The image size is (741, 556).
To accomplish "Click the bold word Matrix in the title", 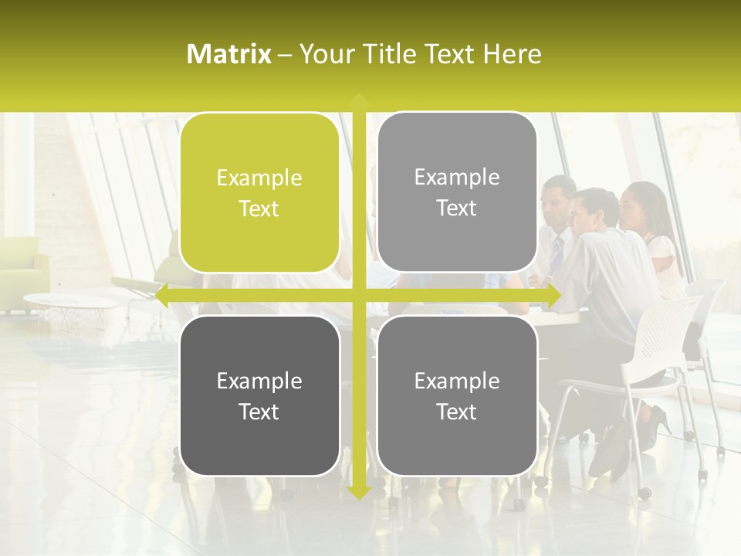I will click(x=229, y=54).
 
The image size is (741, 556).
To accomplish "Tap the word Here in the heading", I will click(x=513, y=54).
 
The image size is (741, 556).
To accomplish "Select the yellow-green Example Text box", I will click(x=259, y=193).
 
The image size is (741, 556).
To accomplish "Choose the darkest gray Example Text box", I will click(x=259, y=395).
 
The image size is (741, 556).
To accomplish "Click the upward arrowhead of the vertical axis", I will click(x=359, y=101).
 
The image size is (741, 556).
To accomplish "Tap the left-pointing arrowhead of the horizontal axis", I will click(x=163, y=295).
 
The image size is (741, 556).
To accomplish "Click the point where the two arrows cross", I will click(x=359, y=295).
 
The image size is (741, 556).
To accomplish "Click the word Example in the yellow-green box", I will click(x=259, y=178).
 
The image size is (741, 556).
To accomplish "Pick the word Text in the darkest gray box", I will click(x=259, y=412).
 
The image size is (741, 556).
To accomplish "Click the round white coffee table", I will click(x=69, y=301).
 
